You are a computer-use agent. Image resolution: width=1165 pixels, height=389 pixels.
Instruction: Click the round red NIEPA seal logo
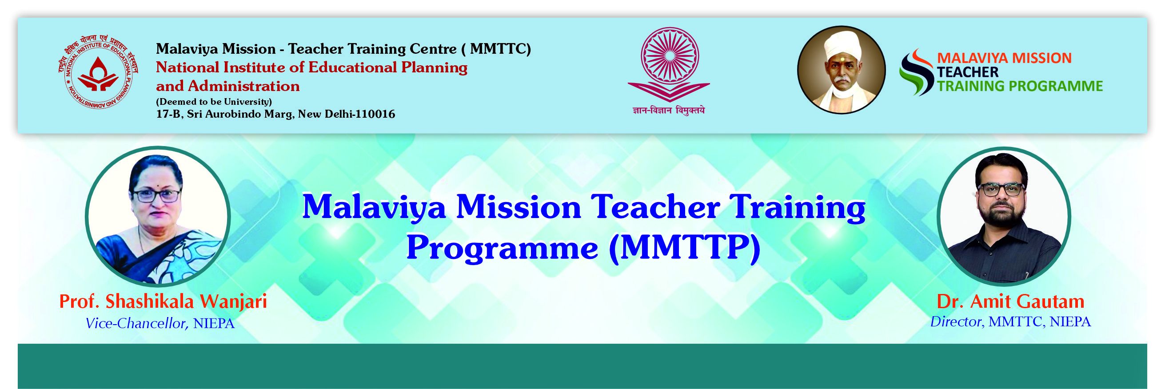(x=98, y=72)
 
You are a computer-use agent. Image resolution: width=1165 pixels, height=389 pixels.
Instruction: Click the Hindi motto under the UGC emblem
(x=668, y=110)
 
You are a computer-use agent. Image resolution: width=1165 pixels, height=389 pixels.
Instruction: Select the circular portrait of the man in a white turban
(x=841, y=70)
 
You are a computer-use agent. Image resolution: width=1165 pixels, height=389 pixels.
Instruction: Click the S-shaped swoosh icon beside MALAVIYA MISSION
(x=916, y=72)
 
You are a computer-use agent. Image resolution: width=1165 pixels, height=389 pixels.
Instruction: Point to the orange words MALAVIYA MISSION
(x=1005, y=58)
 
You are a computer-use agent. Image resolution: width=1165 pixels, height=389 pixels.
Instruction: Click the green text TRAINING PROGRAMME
(x=1020, y=86)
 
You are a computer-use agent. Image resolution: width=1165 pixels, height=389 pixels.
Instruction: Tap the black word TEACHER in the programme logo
(x=968, y=72)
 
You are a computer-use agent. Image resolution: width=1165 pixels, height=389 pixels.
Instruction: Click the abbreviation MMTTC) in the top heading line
(x=501, y=49)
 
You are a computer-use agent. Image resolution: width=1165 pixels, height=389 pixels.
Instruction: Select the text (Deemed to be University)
(x=214, y=102)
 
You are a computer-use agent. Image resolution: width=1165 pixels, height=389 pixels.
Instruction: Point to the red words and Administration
(x=228, y=86)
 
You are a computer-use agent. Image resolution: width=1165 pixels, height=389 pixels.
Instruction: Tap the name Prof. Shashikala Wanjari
(x=163, y=302)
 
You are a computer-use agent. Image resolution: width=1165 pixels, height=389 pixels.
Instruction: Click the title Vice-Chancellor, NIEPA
(x=160, y=323)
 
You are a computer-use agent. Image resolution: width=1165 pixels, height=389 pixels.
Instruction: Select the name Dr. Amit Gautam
(x=1010, y=301)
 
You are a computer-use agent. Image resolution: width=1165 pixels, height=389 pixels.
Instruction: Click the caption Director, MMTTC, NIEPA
(x=1010, y=321)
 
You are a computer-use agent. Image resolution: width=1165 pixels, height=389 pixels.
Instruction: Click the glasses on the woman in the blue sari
(x=156, y=196)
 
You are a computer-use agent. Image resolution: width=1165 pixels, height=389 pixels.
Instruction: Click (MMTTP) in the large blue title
(x=685, y=248)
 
